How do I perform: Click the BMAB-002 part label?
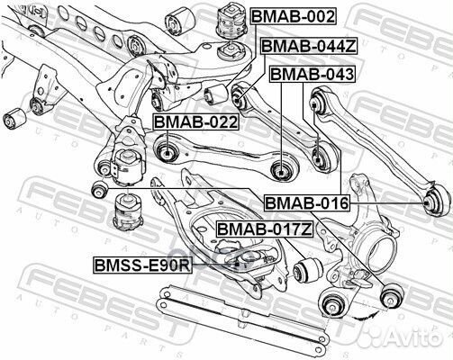pos(294,16)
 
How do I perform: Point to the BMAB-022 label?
pos(195,121)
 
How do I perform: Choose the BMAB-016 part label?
pos(306,204)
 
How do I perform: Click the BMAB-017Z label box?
pos(264,230)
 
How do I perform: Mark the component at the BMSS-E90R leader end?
pos(236,262)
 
